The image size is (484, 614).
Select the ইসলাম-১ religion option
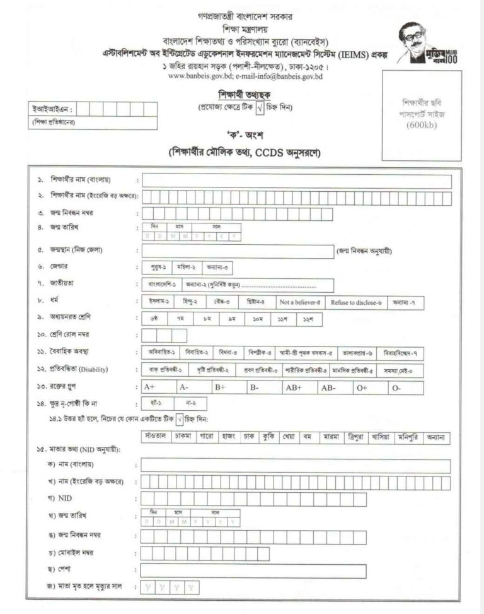160,302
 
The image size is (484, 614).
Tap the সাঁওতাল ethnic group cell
155,436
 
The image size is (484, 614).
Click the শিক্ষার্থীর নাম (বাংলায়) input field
296,181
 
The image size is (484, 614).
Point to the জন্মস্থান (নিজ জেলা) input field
237,250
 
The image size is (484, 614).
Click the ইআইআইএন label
46,109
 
